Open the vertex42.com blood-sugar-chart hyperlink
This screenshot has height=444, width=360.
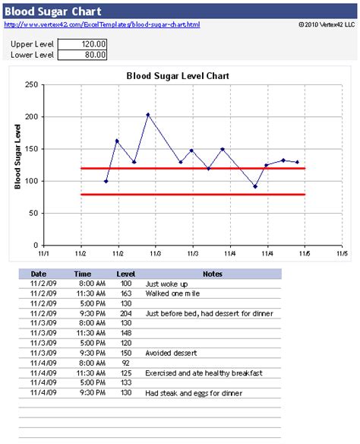tap(103, 25)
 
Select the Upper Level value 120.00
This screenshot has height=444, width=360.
tap(83, 44)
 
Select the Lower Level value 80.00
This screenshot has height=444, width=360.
tap(83, 55)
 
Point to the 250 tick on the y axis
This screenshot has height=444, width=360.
tap(31, 85)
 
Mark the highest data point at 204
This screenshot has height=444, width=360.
tap(148, 115)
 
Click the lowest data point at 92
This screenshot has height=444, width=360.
tap(255, 186)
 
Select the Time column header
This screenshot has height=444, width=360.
tap(84, 274)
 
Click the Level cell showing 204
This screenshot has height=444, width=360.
tap(125, 313)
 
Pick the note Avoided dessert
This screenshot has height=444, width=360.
tap(172, 353)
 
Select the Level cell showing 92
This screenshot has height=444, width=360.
tap(125, 363)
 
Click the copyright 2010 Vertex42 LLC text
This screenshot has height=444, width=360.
tap(327, 25)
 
